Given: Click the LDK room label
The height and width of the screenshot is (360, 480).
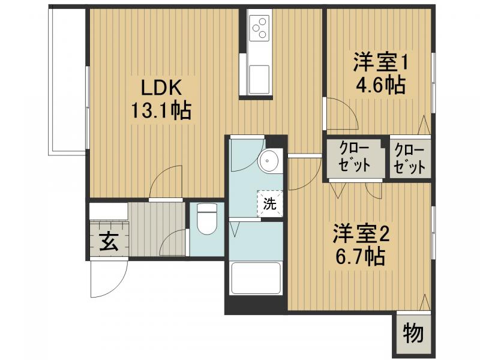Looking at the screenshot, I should pos(161,88).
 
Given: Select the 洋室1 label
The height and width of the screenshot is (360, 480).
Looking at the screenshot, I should pos(379,62).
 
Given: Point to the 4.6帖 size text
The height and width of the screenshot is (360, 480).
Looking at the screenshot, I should pos(379,84).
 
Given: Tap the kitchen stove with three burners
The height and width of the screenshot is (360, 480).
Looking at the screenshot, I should pos(259,27).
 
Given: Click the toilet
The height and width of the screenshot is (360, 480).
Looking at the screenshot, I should pos(206,219).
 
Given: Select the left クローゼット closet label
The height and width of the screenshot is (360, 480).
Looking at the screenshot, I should pos(354,158).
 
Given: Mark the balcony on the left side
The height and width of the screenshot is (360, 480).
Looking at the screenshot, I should pos(68,81).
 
